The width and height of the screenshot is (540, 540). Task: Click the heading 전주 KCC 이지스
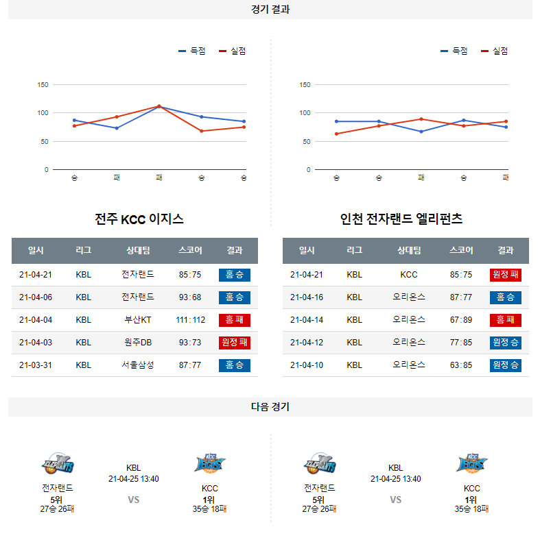point(139,219)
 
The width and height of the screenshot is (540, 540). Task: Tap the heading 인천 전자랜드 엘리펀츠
point(401,219)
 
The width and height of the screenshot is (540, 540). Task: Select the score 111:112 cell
point(190,320)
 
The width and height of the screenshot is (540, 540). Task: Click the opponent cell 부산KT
point(137,320)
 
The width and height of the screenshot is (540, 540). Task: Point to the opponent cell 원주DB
point(137,343)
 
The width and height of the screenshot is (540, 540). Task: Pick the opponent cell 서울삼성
point(137,365)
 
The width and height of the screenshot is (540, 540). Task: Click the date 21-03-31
point(36,365)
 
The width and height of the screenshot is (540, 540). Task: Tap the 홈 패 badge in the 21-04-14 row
point(506,320)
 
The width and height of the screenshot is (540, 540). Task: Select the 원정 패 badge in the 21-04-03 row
point(235,343)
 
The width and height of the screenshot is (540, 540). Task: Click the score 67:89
point(461,320)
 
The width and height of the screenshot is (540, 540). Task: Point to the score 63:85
point(461,365)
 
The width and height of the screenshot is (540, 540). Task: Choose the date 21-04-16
point(307,297)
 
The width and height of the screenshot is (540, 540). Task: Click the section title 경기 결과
point(270,10)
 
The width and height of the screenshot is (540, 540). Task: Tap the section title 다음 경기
point(270,407)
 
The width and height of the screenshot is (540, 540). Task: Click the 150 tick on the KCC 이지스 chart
point(43,85)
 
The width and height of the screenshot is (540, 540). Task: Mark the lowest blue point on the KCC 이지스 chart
point(117,128)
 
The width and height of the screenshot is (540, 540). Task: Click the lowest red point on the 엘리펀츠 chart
point(336,134)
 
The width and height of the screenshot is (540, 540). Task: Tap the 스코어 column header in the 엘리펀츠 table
point(461,251)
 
